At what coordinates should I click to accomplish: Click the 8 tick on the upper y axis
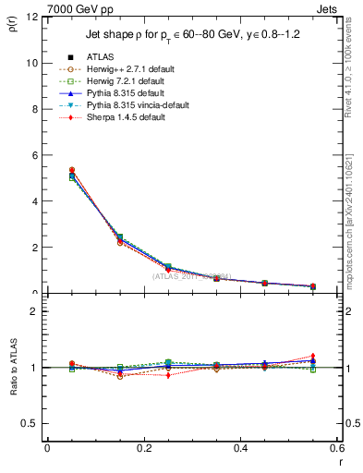pos(36,109)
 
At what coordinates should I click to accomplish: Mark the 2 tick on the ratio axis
pos(36,311)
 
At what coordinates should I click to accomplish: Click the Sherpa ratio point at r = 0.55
pos(313,356)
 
